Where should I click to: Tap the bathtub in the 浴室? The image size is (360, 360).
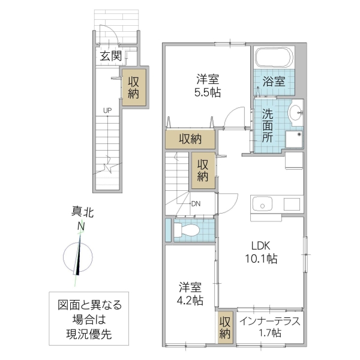pyautogui.click(x=274, y=59)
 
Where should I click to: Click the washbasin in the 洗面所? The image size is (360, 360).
pyautogui.click(x=295, y=112)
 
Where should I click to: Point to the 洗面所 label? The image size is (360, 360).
pyautogui.click(x=268, y=124)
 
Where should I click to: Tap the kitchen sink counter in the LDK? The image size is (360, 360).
pyautogui.click(x=274, y=203)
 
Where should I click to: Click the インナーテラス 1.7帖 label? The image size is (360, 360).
pyautogui.click(x=269, y=326)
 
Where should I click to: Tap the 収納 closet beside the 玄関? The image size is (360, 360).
pyautogui.click(x=134, y=88)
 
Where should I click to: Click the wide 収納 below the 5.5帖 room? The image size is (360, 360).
pyautogui.click(x=190, y=139)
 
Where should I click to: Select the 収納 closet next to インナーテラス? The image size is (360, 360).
pyautogui.click(x=224, y=327)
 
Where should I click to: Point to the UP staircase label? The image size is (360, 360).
pyautogui.click(x=107, y=110)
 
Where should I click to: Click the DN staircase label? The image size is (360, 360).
pyautogui.click(x=196, y=203)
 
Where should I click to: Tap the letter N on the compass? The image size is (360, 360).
pyautogui.click(x=80, y=226)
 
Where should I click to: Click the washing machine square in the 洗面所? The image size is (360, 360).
pyautogui.click(x=294, y=139)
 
